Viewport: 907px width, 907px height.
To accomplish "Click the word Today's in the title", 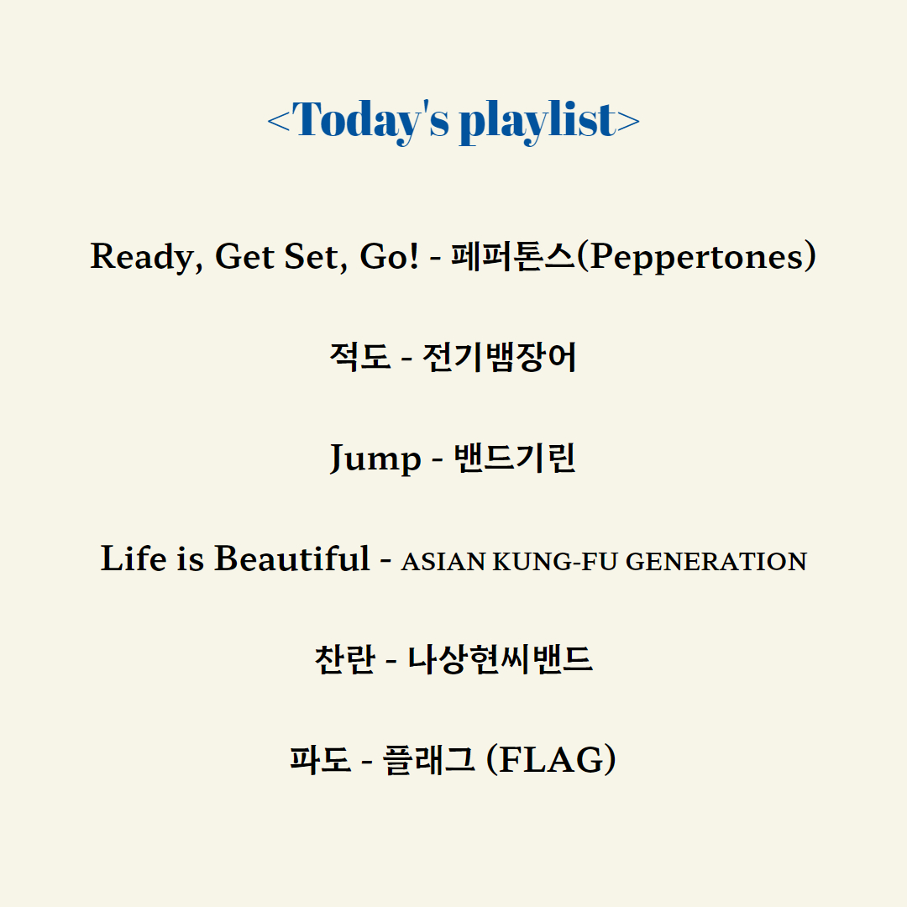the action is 371,120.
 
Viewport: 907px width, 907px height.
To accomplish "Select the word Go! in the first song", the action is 389,256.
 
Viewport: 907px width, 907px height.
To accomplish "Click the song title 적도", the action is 359,356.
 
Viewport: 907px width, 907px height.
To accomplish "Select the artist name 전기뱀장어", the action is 500,357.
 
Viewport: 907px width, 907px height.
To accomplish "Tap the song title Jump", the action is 375,459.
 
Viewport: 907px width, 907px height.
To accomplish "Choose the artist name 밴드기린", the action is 515,458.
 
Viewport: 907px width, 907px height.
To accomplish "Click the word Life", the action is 134,558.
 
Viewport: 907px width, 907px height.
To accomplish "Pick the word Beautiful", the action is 292,558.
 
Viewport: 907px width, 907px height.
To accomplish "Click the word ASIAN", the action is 443,562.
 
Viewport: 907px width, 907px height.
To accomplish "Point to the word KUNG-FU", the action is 555,562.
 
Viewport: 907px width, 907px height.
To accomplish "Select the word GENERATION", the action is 716,562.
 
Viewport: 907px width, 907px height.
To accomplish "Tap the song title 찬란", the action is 345,659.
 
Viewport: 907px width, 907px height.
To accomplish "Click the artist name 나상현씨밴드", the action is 501,659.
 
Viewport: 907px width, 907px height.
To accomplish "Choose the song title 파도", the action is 321,759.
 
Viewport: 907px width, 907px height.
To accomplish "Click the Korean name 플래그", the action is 428,759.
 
